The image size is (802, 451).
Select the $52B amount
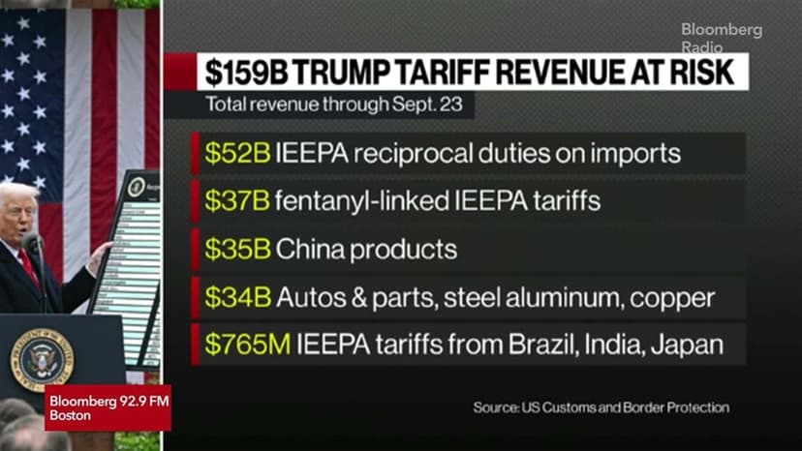pos(237,153)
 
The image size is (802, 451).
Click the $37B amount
pos(237,201)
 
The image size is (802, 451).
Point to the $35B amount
pos(237,249)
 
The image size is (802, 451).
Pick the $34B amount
pos(237,297)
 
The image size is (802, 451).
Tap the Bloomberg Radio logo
pos(722,38)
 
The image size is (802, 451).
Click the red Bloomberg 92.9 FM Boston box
pos(108,407)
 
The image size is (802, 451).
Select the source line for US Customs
pos(601,407)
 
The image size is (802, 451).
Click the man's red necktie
pos(29,266)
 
